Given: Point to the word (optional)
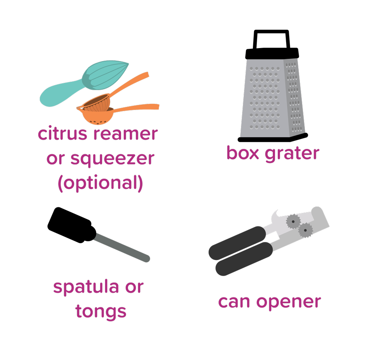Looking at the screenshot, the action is click(x=100, y=183).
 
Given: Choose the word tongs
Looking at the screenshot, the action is click(x=101, y=312).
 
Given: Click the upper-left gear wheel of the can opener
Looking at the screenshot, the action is click(x=293, y=221).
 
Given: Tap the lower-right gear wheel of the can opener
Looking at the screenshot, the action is click(x=306, y=230).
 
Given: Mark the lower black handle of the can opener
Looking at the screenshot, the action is click(x=244, y=260).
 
